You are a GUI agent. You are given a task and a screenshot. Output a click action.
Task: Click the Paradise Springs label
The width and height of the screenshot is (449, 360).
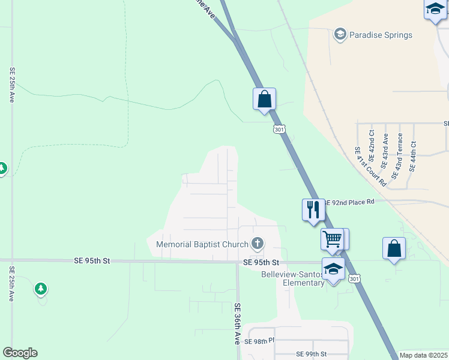382,34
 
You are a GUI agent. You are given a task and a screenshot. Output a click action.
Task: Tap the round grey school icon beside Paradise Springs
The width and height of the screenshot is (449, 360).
340,34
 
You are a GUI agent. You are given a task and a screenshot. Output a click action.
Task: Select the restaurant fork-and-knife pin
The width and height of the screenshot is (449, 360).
313,209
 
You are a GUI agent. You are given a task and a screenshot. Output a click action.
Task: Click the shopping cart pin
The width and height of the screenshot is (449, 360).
332,239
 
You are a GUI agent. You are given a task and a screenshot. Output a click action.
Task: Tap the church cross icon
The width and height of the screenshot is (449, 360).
258,244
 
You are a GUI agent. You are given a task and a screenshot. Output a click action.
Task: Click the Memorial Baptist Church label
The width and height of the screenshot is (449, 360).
202,244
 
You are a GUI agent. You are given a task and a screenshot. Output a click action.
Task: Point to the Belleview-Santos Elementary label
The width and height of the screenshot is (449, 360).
293,278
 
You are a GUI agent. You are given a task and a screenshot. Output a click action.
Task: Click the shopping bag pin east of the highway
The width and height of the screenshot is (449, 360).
394,248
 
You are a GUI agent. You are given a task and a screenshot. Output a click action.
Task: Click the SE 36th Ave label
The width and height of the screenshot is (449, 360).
237,322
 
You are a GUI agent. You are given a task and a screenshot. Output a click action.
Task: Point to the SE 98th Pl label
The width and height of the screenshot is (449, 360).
259,341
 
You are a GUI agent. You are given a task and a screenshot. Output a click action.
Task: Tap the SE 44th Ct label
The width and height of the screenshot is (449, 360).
412,156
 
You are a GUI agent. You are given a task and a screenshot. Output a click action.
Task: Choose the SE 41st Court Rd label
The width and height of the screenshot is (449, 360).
366,165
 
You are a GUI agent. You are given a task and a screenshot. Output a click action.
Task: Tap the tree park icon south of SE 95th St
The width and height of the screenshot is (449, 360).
41,289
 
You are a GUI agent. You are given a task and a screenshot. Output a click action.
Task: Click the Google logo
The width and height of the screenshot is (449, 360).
20,353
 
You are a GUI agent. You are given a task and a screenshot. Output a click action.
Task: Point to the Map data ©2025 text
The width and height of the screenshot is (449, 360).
423,355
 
